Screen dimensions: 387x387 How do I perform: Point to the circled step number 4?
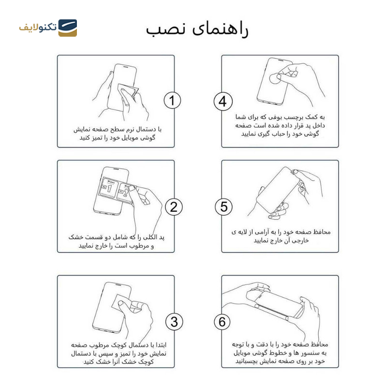pos(223,102)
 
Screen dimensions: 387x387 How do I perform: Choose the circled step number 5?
pos(223,207)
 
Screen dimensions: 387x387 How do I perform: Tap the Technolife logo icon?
pos(68,28)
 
